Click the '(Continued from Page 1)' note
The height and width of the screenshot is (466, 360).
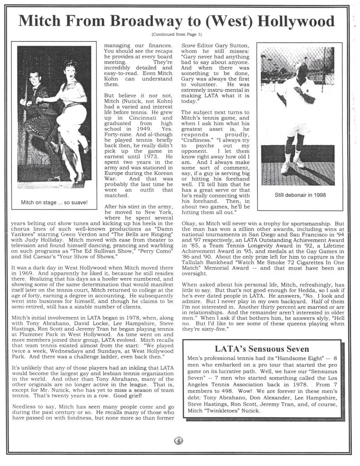pos(177,35)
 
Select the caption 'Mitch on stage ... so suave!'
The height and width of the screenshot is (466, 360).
pos(54,202)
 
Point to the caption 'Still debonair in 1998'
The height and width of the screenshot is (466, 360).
pos(300,195)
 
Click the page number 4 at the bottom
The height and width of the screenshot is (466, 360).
pos(178,441)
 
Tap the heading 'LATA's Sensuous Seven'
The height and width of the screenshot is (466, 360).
pos(262,349)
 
